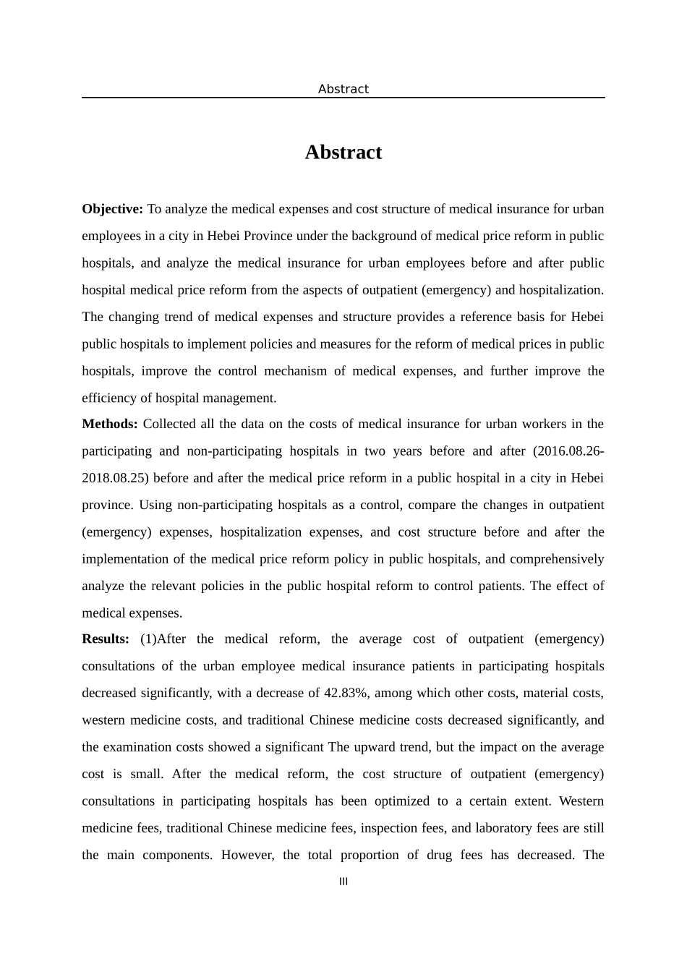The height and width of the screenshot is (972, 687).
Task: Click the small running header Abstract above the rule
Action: point(343,89)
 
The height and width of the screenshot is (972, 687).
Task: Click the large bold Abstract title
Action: point(343,152)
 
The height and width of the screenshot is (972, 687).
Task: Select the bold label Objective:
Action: point(112,209)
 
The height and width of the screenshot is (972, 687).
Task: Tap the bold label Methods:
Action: point(109,424)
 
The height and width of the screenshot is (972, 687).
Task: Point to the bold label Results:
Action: point(106,639)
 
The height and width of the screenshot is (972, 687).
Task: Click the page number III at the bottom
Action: point(343,882)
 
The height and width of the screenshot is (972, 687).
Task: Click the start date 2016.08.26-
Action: point(568,451)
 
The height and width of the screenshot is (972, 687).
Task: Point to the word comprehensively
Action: point(557,559)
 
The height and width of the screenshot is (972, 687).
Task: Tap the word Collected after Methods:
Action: point(171,424)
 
